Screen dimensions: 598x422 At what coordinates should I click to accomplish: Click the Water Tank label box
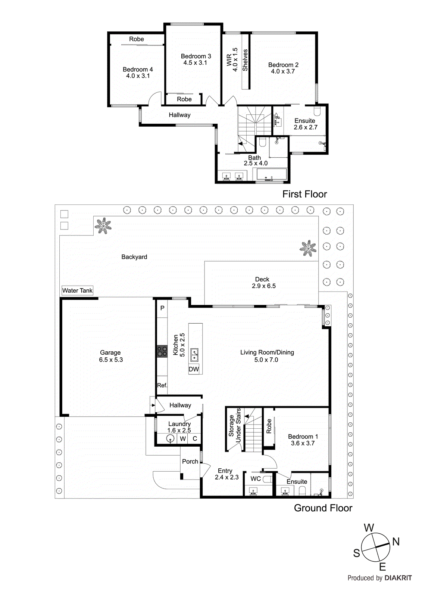point(77,291)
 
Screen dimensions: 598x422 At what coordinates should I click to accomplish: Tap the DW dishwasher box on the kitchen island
point(194,369)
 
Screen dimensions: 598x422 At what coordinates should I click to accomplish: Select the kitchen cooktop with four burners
point(162,351)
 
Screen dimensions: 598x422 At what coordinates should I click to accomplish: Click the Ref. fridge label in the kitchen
point(162,385)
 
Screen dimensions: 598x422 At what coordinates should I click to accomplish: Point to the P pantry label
point(162,308)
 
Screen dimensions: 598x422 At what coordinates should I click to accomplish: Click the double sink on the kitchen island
point(194,355)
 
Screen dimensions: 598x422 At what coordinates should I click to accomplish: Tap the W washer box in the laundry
point(183,439)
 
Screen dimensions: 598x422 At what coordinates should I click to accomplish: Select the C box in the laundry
point(195,439)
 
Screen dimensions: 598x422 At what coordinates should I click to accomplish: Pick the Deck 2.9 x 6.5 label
point(263,283)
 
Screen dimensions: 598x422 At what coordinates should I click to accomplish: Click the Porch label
point(190,462)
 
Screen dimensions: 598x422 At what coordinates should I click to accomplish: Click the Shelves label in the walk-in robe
point(245,60)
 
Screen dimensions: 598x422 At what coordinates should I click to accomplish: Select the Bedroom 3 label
point(196,59)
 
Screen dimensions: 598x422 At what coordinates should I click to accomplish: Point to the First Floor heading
point(304,194)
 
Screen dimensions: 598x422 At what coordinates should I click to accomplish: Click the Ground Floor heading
point(323,508)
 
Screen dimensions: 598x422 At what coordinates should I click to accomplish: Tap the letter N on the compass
point(396,542)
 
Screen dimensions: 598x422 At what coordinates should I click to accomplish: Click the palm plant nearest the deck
point(308,248)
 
